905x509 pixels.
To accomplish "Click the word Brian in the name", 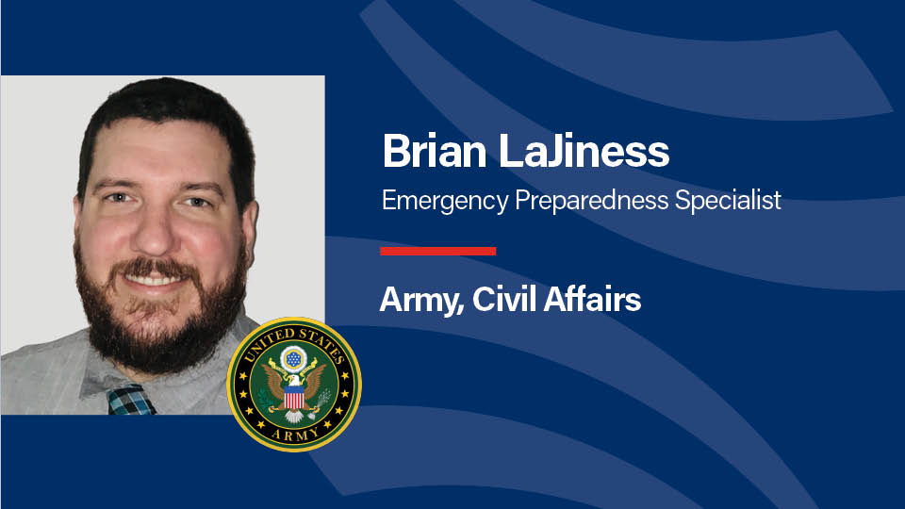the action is tap(434, 151).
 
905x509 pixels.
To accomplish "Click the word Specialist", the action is tap(728, 200).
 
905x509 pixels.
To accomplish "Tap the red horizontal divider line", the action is tap(438, 251).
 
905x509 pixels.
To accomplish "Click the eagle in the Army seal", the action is tap(294, 390).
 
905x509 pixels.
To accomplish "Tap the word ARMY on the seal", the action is tap(295, 435).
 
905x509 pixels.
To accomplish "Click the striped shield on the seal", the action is tap(294, 397).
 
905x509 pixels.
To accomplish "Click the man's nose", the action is tap(155, 231).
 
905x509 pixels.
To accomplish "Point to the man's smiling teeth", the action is tap(154, 281).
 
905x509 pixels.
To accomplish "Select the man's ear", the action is tap(250, 231).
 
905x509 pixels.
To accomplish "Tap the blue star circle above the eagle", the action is tap(294, 359).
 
